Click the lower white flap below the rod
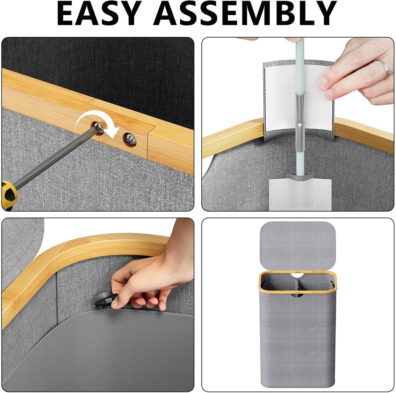(300, 194)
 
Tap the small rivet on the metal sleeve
(301, 124)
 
